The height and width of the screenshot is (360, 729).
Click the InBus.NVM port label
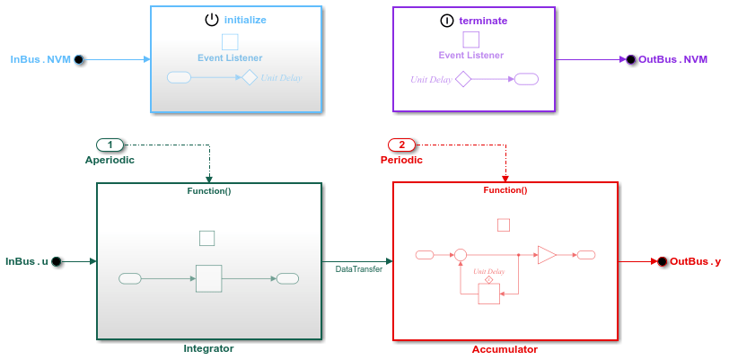coord(40,59)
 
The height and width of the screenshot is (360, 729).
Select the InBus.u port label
coord(27,261)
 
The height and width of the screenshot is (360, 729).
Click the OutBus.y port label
coord(695,261)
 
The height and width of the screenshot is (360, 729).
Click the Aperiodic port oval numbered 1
coord(110,145)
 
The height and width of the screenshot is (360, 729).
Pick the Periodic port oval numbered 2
coord(402,145)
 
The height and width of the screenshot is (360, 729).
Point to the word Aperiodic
coord(109,160)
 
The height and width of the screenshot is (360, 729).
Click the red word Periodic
coord(401,160)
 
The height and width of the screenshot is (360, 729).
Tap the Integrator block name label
coord(208,348)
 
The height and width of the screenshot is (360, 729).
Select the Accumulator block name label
coord(505,349)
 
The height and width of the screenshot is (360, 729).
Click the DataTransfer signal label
coord(358,268)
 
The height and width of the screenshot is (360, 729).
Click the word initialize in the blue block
coord(245,19)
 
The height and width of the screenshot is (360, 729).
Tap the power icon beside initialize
coord(212,19)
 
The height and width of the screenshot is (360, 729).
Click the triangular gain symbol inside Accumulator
coord(546,255)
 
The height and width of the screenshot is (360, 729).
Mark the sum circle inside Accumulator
coord(461,255)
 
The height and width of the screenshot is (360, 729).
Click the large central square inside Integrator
coord(208,278)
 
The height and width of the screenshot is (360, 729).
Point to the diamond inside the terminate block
coord(463,79)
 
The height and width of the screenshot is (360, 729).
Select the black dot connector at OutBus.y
coord(662,261)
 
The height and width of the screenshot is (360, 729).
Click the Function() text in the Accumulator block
coord(505,190)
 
